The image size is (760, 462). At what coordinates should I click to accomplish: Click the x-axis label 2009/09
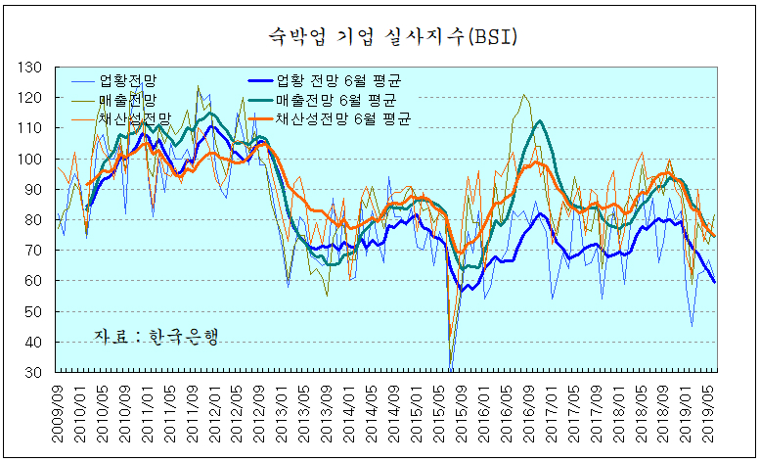click(61, 411)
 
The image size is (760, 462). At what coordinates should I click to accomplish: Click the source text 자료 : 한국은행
click(156, 336)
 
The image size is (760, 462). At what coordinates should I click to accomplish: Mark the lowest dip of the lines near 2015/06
click(451, 366)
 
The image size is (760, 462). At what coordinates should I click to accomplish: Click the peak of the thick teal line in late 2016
click(539, 121)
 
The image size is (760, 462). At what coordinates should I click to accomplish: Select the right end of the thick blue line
click(714, 282)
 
